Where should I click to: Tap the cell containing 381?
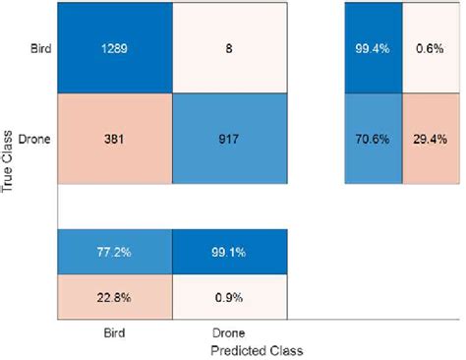114,139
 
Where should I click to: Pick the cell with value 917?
229,139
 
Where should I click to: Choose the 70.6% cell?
374,139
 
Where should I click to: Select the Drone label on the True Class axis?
36,139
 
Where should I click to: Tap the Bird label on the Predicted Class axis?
114,333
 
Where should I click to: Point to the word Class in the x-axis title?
286,349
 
